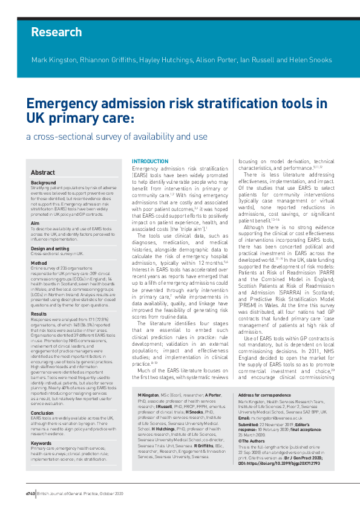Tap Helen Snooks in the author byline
[x=312, y=60]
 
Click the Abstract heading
[x=43, y=172]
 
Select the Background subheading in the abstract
[x=44, y=183]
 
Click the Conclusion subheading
[x=42, y=396]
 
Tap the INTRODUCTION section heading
[x=150, y=161]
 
